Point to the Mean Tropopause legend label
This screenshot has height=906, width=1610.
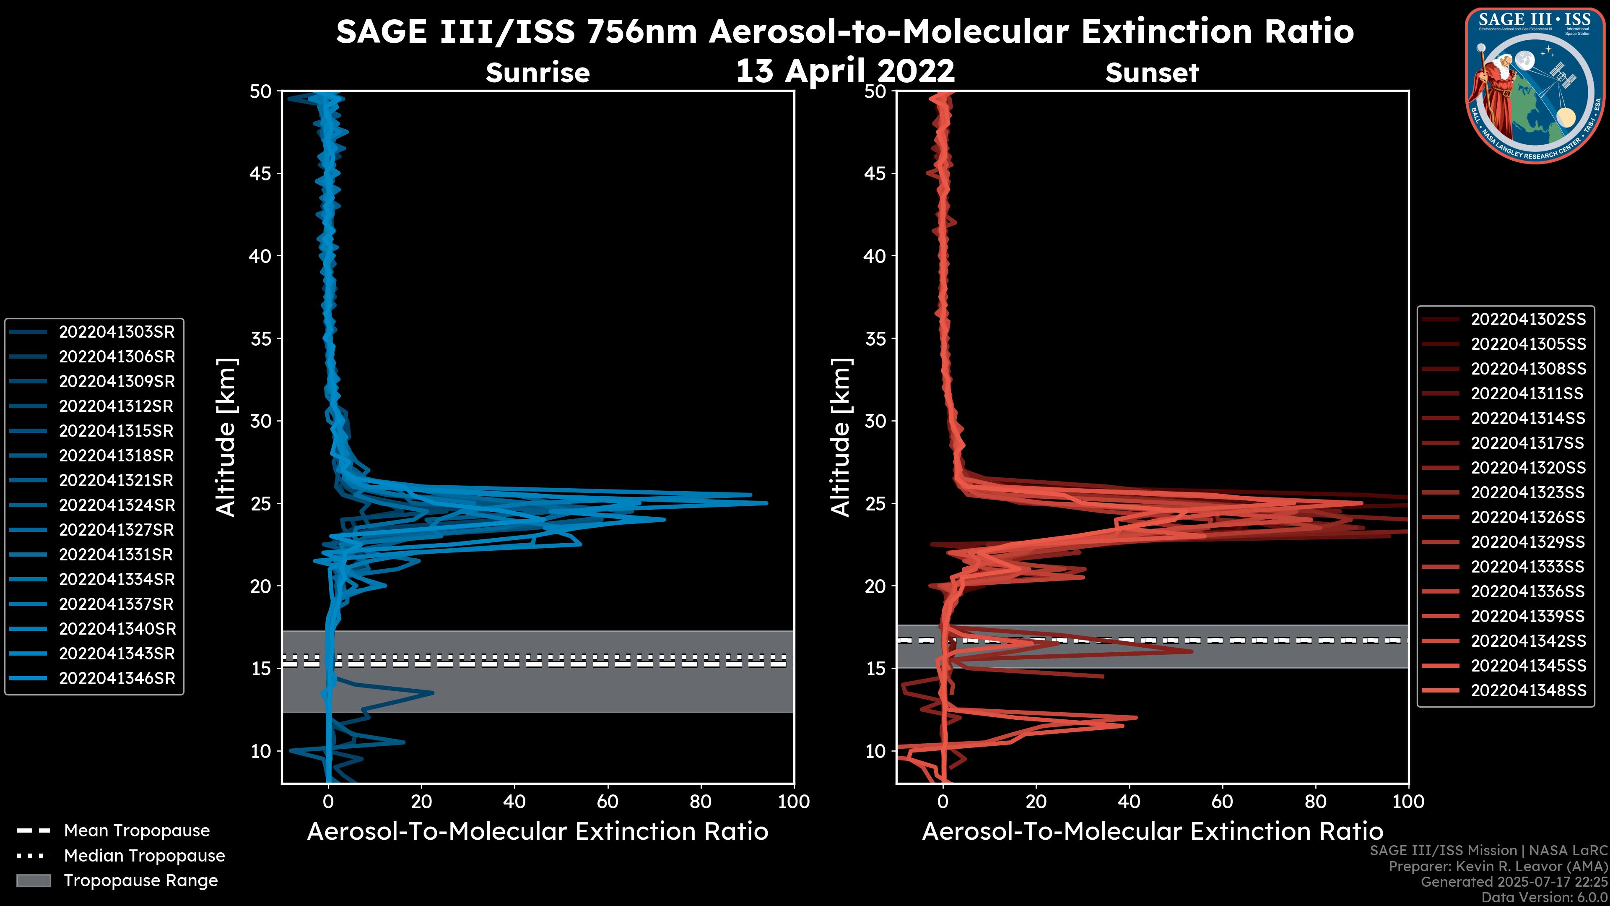click(x=136, y=831)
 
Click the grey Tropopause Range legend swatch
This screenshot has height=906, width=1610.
click(x=33, y=880)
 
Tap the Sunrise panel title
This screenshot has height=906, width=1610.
click(x=538, y=73)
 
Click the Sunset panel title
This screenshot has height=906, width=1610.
click(x=1152, y=73)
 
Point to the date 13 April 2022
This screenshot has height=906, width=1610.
click(x=845, y=70)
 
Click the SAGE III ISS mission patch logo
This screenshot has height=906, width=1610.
click(x=1535, y=85)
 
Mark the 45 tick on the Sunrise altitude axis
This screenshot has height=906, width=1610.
click(x=261, y=173)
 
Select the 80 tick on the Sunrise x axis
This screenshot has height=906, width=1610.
click(x=701, y=802)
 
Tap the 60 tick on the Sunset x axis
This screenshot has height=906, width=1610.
click(x=1222, y=802)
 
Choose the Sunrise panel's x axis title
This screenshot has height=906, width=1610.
click(x=538, y=832)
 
